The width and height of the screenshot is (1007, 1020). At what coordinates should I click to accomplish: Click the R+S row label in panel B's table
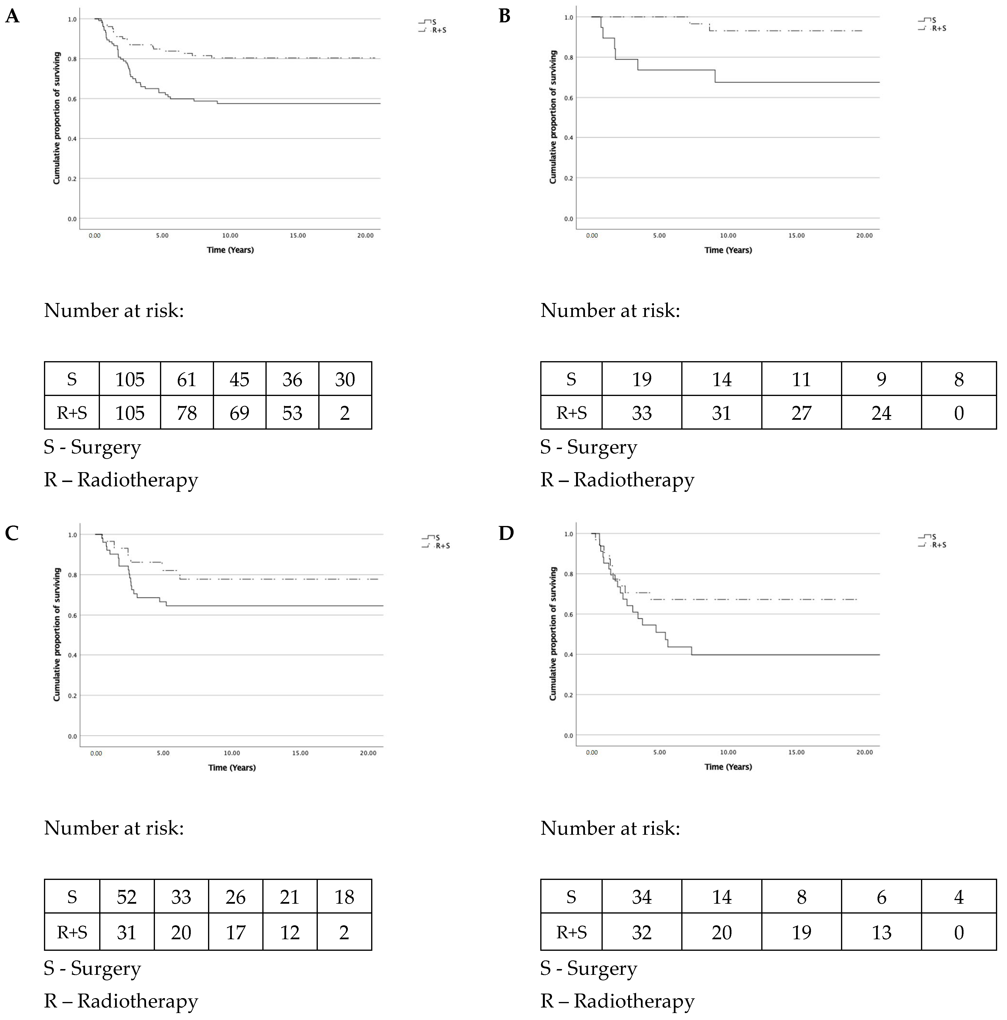pyautogui.click(x=571, y=413)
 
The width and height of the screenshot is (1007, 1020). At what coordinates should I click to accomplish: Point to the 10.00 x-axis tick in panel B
pyautogui.click(x=728, y=235)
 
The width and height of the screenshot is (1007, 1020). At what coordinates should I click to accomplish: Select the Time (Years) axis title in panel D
pyautogui.click(x=728, y=767)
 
